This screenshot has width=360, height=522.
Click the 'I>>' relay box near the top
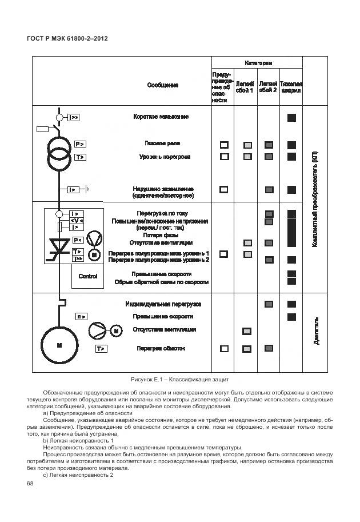pyautogui.click(x=74, y=117)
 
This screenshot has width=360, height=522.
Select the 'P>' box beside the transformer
pyautogui.click(x=80, y=144)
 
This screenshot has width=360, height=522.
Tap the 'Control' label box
pyautogui.click(x=88, y=276)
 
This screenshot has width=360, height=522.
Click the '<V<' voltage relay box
pyautogui.click(x=76, y=221)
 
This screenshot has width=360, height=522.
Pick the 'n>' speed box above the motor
pyautogui.click(x=81, y=316)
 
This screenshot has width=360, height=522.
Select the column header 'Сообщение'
pyautogui.click(x=163, y=85)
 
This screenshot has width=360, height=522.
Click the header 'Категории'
pyautogui.click(x=258, y=62)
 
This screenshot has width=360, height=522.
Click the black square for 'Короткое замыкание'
pyautogui.click(x=291, y=117)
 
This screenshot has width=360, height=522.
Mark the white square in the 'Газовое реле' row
pyautogui.click(x=225, y=145)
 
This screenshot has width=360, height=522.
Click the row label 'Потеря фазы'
pyautogui.click(x=161, y=235)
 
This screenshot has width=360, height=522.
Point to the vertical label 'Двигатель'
pyautogui.click(x=315, y=331)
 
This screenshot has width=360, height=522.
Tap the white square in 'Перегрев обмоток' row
pyautogui.click(x=225, y=348)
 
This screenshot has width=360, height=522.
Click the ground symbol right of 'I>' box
pyautogui.click(x=87, y=189)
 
